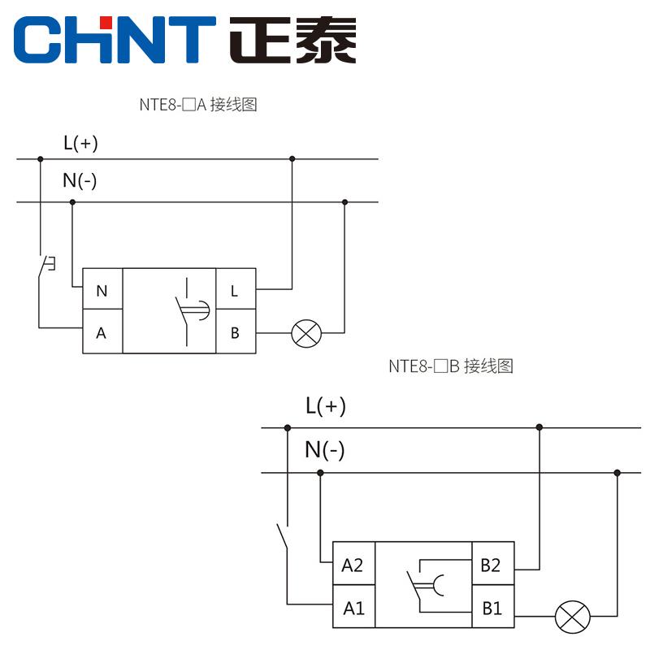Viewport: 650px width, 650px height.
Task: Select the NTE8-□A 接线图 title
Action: pyautogui.click(x=198, y=104)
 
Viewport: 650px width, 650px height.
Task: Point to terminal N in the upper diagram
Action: pyautogui.click(x=102, y=291)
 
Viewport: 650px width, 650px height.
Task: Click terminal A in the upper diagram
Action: pyautogui.click(x=102, y=333)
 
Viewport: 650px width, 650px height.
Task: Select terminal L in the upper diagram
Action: pyautogui.click(x=235, y=291)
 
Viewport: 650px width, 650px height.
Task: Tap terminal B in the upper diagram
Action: pyautogui.click(x=235, y=333)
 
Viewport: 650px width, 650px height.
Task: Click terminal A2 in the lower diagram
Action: pyautogui.click(x=353, y=565)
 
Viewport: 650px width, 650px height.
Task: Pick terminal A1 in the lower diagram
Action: pyautogui.click(x=353, y=607)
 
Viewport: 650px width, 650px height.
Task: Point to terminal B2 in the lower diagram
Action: pyautogui.click(x=492, y=565)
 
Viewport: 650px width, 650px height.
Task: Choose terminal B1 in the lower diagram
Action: pyautogui.click(x=492, y=607)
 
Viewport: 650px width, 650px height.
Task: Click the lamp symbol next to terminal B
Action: pyautogui.click(x=306, y=333)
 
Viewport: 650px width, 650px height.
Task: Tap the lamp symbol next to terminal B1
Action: pyautogui.click(x=573, y=617)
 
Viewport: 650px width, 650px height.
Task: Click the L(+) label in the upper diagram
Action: pyautogui.click(x=80, y=144)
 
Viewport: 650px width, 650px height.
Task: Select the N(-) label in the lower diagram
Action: pyautogui.click(x=324, y=449)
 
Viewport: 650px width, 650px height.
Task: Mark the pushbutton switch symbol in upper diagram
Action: pyautogui.click(x=45, y=267)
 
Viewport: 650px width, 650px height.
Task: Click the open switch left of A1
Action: pyautogui.click(x=283, y=536)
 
